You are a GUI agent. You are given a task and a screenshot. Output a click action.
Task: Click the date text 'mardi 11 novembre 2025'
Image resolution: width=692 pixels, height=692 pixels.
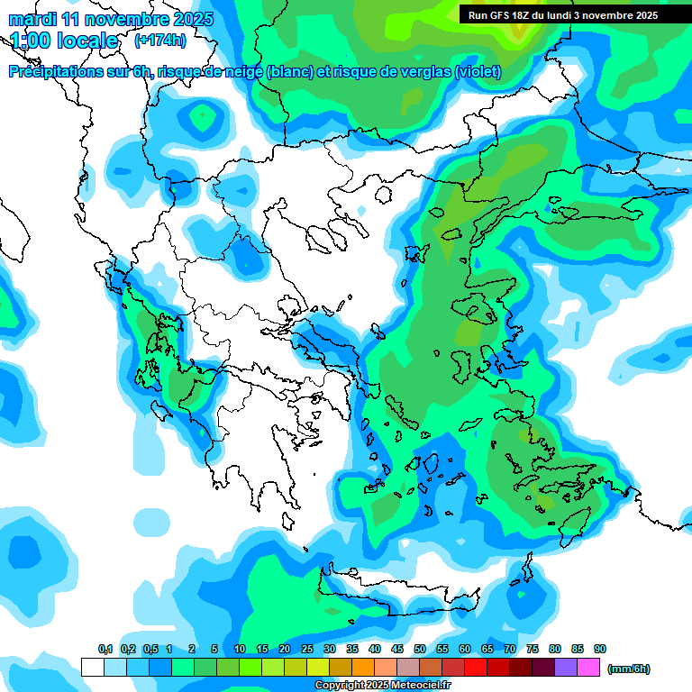click(x=112, y=19)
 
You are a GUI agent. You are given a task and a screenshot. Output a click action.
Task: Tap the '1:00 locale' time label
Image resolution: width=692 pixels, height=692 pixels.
click(x=64, y=41)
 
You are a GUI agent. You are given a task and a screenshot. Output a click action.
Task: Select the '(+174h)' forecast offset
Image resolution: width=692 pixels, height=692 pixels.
click(x=160, y=41)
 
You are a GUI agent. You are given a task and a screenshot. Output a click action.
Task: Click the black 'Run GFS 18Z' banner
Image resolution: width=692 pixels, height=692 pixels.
click(x=563, y=14)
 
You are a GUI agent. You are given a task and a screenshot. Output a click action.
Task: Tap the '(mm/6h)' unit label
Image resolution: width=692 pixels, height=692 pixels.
click(x=628, y=669)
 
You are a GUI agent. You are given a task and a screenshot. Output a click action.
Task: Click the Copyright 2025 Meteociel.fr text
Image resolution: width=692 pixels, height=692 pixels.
click(x=382, y=686)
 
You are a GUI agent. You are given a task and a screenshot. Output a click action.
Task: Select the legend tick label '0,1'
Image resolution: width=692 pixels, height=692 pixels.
click(x=105, y=649)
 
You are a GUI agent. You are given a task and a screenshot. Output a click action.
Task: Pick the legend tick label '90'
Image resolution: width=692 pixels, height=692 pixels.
click(x=600, y=649)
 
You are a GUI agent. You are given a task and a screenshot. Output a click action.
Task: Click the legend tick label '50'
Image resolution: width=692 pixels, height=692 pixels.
click(x=420, y=649)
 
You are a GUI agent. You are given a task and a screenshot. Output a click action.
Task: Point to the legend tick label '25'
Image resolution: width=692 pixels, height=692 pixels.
click(x=307, y=649)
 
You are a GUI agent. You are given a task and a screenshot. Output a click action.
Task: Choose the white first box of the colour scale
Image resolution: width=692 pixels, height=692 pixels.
click(x=92, y=668)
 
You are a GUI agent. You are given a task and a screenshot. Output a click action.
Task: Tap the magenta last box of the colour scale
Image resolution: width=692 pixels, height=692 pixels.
click(x=588, y=668)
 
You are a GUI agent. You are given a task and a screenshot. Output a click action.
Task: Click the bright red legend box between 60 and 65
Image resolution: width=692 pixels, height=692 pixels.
click(x=476, y=668)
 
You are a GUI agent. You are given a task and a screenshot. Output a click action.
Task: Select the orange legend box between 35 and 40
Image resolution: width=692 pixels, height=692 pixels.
click(x=363, y=668)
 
